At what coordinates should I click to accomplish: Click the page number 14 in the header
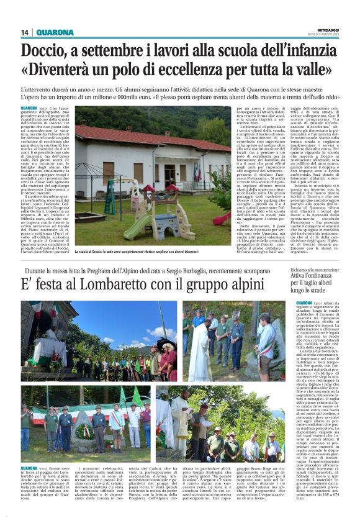click(x=25, y=33)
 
